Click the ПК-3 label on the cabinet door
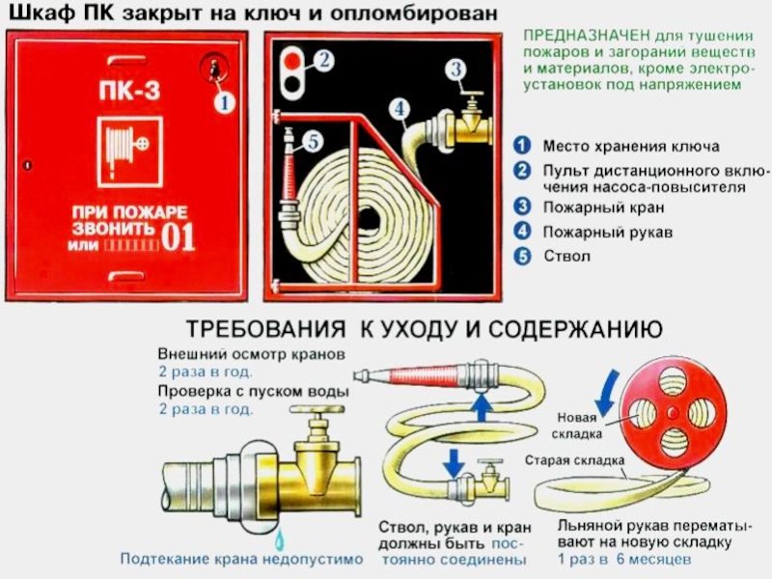[129, 91]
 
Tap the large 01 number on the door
[179, 237]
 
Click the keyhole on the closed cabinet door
[214, 69]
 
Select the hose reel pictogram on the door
[130, 152]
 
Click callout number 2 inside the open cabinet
[323, 61]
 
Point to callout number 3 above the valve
[456, 69]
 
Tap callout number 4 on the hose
[400, 108]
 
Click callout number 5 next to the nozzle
[313, 142]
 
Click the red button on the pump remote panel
[292, 61]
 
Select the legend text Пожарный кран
[604, 207]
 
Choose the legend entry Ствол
[566, 256]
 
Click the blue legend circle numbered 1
[522, 146]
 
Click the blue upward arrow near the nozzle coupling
[481, 407]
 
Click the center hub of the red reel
[672, 413]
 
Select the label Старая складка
[574, 460]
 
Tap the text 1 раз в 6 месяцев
[624, 560]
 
